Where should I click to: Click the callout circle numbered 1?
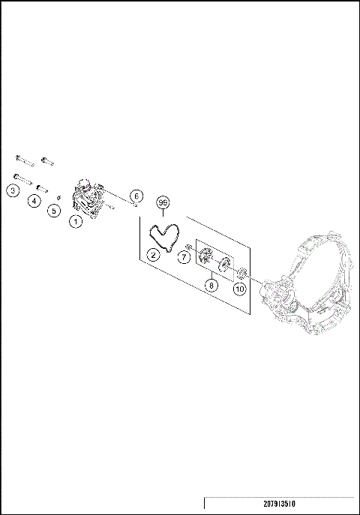pyautogui.click(x=75, y=221)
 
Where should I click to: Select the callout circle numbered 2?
pyautogui.click(x=152, y=255)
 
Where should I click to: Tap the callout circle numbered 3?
pyautogui.click(x=13, y=191)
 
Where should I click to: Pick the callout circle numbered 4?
pyautogui.click(x=34, y=200)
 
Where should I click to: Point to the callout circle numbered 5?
pyautogui.click(x=54, y=211)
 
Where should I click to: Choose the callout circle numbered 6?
pyautogui.click(x=136, y=196)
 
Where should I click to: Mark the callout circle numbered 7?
pyautogui.click(x=184, y=257)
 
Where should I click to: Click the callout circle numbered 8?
pyautogui.click(x=212, y=286)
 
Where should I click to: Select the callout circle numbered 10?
pyautogui.click(x=239, y=288)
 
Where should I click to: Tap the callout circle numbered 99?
pyautogui.click(x=163, y=203)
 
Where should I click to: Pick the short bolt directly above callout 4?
pyautogui.click(x=43, y=187)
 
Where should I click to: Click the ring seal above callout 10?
pyautogui.click(x=243, y=272)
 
